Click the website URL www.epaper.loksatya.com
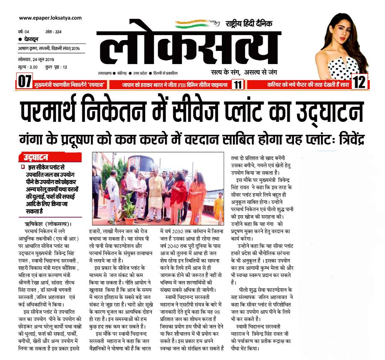pyautogui.click(x=50, y=18)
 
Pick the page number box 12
pyautogui.click(x=359, y=82)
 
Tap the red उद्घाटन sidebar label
pyautogui.click(x=38, y=157)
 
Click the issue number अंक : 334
pyautogui.click(x=53, y=32)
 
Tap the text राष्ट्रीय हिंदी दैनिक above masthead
pyautogui.click(x=249, y=24)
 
